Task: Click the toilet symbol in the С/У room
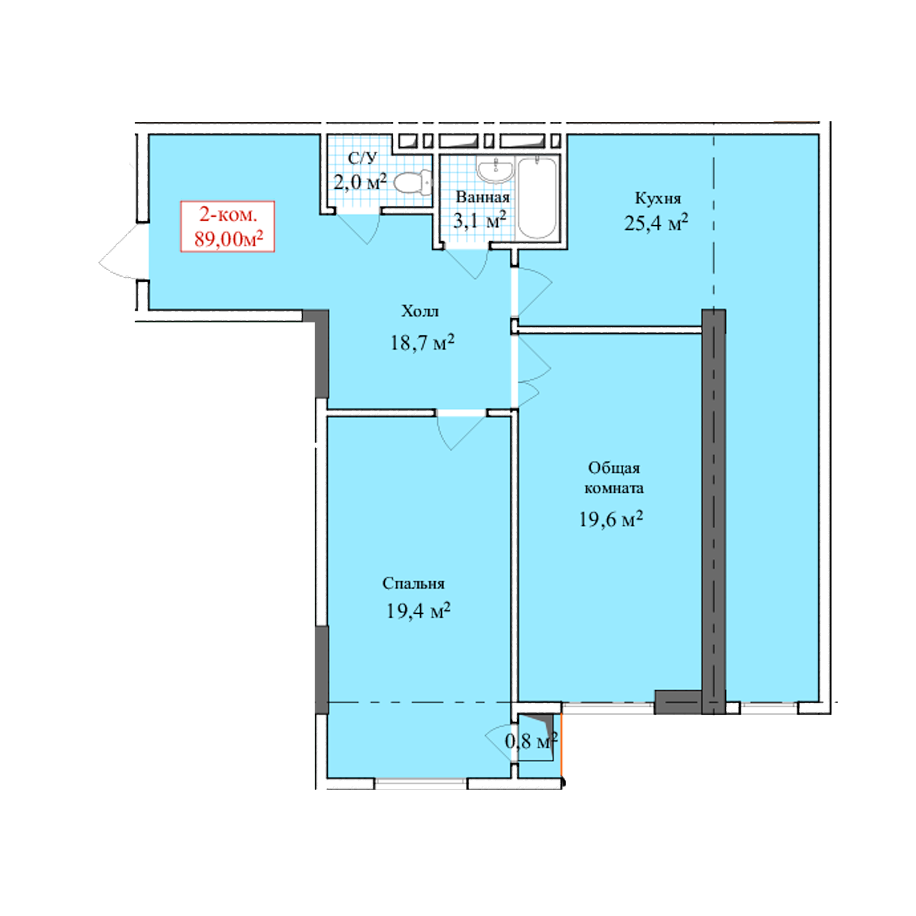[x=413, y=183]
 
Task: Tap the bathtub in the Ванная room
[x=537, y=198]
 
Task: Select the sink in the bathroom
[x=495, y=170]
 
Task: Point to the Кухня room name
[x=658, y=198]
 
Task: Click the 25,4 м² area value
[x=656, y=223]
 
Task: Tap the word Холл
[x=420, y=311]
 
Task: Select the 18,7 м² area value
[x=422, y=342]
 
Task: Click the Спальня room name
[x=414, y=583]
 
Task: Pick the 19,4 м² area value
[x=418, y=611]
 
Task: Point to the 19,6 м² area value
[x=611, y=519]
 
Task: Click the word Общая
[x=614, y=468]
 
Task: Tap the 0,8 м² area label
[x=531, y=741]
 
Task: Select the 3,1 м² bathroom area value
[x=480, y=220]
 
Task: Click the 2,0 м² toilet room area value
[x=360, y=181]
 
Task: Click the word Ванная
[x=483, y=197]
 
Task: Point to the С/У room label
[x=362, y=158]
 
